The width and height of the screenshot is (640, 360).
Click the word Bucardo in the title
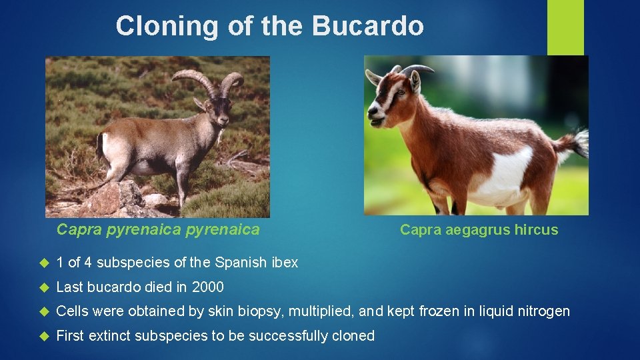click(x=368, y=26)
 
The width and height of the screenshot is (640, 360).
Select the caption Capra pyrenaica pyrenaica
click(x=158, y=230)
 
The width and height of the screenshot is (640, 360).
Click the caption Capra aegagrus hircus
click(x=479, y=230)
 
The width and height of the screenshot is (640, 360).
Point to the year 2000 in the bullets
click(x=207, y=287)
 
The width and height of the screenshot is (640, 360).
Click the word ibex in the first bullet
click(x=285, y=263)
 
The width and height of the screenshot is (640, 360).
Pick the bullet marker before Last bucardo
click(x=45, y=288)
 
